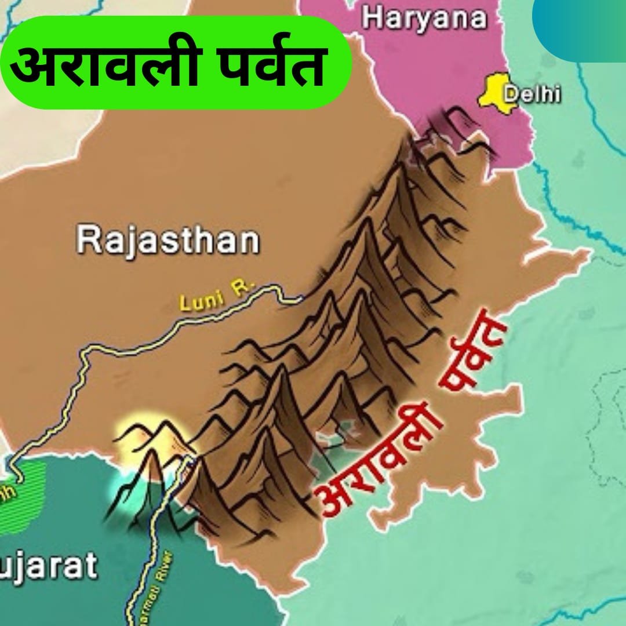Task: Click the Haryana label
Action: (x=424, y=19)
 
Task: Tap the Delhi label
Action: (x=532, y=94)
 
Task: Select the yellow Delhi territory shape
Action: (x=496, y=93)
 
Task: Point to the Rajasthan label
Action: (x=168, y=240)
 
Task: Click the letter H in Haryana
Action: (x=373, y=19)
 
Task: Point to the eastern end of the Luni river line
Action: (x=300, y=299)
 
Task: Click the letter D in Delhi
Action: (x=511, y=94)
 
